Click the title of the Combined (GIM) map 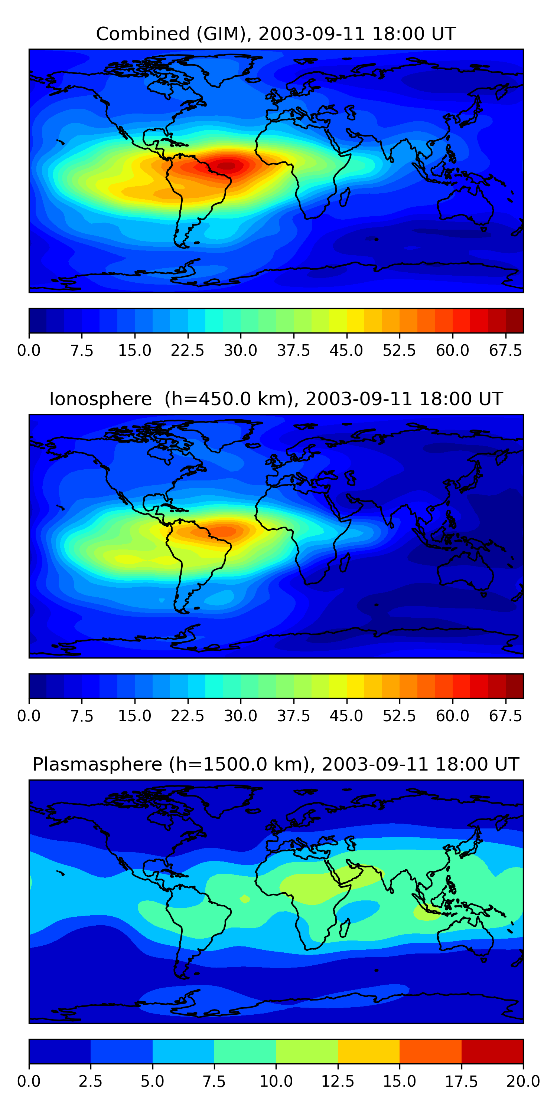276,34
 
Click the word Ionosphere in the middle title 100,399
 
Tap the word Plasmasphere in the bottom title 97,764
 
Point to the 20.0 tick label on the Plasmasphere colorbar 523,1081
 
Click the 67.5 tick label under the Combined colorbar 505,350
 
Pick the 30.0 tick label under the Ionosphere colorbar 241,716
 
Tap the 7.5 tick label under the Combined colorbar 82,350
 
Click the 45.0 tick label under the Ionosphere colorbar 346,716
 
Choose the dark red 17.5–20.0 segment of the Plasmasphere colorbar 492,1051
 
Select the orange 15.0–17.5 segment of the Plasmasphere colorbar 430,1051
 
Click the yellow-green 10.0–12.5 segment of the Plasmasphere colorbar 307,1051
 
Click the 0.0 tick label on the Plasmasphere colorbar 29,1081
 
